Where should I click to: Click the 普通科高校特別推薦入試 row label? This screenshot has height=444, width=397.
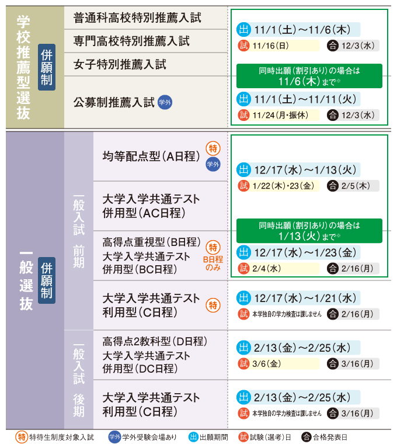pos(137,18)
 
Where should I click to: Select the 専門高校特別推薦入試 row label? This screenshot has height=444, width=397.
pos(131,41)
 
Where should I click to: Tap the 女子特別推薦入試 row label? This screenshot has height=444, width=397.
pos(120,64)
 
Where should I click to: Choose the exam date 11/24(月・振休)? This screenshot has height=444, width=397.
pos(280,115)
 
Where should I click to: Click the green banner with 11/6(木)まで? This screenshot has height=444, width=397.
pos(309,76)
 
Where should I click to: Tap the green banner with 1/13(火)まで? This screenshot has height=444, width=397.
pos(309,231)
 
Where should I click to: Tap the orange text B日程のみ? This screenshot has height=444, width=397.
pos(214,263)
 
